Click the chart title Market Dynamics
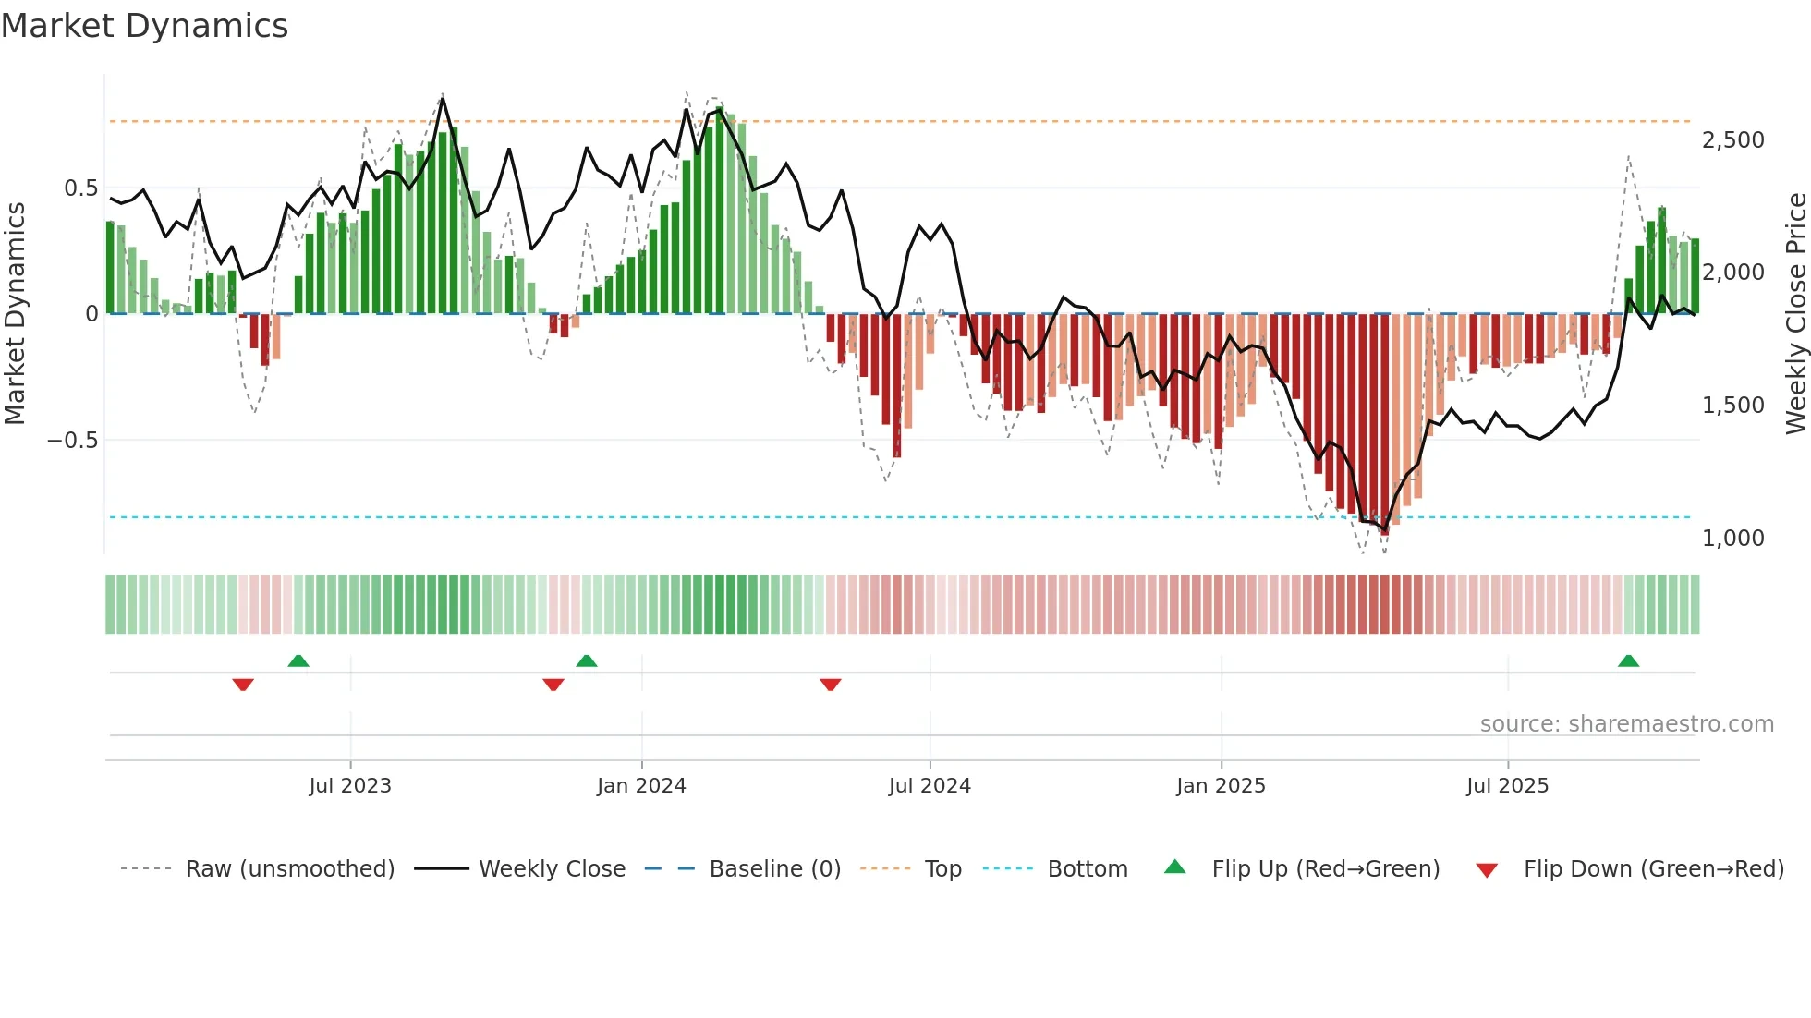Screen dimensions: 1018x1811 click(x=144, y=26)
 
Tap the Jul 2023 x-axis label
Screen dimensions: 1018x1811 click(x=350, y=786)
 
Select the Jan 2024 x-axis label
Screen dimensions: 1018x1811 click(x=641, y=786)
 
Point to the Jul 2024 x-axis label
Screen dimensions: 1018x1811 click(x=930, y=786)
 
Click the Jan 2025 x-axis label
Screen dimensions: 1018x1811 click(x=1221, y=786)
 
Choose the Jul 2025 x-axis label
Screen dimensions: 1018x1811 click(x=1507, y=786)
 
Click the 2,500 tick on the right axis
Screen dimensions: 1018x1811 click(x=1732, y=140)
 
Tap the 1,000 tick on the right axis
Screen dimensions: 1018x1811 click(x=1732, y=539)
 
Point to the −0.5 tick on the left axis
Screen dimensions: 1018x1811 click(x=73, y=441)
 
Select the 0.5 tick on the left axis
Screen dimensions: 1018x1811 click(x=81, y=188)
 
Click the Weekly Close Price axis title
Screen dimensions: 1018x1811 click(x=1795, y=313)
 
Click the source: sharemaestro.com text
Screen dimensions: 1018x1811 click(x=1626, y=724)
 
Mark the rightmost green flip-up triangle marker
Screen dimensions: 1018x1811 click(x=1628, y=661)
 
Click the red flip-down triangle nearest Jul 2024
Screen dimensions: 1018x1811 click(x=831, y=685)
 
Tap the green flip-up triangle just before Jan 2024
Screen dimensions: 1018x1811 click(x=586, y=661)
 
